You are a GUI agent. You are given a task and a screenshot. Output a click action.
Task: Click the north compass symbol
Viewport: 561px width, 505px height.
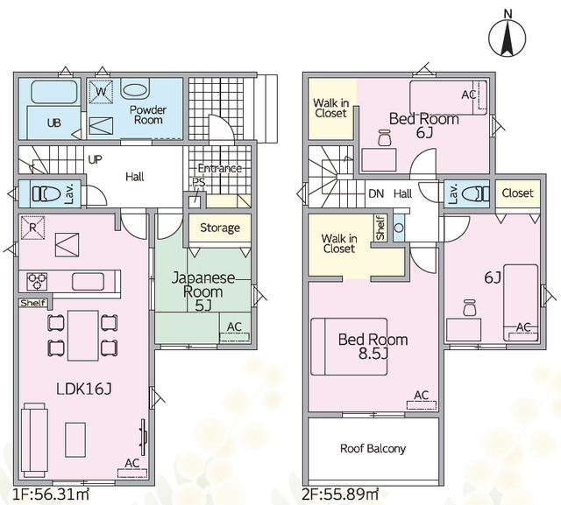(508, 38)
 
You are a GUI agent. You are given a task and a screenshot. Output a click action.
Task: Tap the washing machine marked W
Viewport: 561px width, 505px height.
(101, 92)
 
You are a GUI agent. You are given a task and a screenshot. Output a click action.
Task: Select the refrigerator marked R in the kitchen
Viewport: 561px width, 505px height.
(32, 228)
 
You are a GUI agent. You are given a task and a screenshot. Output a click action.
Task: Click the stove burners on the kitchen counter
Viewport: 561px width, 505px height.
(37, 282)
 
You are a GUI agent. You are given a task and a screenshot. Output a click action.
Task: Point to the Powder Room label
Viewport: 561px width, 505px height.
(148, 115)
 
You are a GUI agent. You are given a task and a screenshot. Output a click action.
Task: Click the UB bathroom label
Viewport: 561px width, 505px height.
(54, 123)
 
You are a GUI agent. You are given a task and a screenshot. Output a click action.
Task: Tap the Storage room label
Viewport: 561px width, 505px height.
(220, 228)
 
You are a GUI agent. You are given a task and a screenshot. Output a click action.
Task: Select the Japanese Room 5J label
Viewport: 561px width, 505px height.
(203, 291)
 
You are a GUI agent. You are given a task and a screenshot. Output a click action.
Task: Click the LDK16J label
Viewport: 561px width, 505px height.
(84, 389)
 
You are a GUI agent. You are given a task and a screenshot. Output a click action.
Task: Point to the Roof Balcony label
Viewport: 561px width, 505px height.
(373, 449)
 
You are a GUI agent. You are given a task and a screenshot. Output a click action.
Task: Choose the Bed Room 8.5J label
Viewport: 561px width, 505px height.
(373, 346)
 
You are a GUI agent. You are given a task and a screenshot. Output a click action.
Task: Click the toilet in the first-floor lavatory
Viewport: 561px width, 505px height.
(46, 194)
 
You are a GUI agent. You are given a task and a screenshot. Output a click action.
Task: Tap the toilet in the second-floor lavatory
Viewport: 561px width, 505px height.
(475, 194)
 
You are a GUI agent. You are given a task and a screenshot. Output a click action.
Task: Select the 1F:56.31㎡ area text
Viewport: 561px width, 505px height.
(51, 495)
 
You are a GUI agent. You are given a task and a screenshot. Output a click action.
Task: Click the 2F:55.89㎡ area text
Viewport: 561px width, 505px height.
(340, 495)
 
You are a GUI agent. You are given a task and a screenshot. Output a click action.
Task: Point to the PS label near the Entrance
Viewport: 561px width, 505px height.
(199, 182)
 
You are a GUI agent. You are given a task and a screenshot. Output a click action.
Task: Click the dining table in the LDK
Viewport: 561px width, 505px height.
(83, 336)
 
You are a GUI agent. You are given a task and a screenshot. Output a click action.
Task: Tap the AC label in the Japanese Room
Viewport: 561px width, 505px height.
(234, 326)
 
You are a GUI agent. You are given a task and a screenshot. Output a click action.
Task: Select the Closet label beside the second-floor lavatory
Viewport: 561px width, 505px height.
(517, 193)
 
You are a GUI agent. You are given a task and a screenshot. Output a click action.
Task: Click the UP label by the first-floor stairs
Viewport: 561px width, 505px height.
(95, 159)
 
